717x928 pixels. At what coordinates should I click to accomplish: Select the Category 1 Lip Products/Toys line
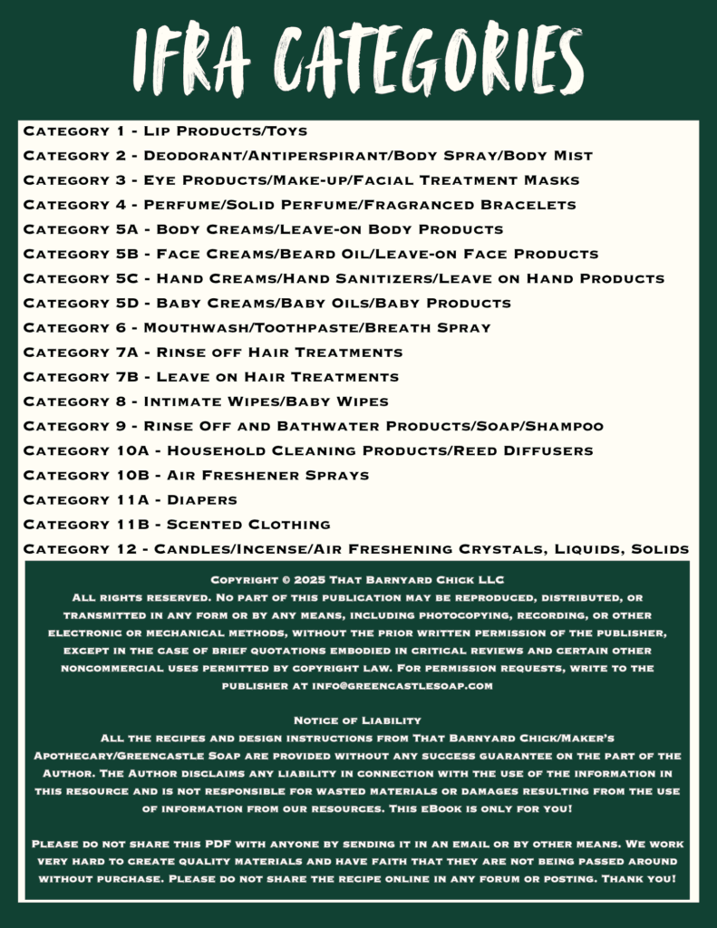(165, 131)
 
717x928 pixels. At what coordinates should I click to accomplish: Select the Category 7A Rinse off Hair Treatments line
(213, 352)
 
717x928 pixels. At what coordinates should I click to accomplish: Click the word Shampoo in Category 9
(563, 425)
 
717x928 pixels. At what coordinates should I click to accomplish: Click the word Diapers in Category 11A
(202, 499)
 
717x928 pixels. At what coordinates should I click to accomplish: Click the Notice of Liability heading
(358, 720)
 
